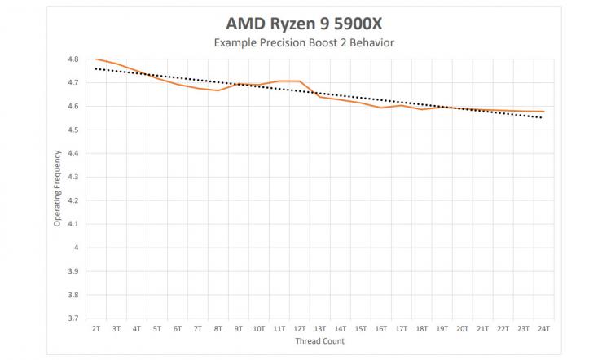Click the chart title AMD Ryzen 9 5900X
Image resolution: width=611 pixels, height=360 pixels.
(304, 24)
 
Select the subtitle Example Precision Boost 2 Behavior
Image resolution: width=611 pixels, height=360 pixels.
(304, 42)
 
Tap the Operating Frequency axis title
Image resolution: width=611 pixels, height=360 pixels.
(57, 188)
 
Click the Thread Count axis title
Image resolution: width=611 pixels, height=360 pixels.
(319, 341)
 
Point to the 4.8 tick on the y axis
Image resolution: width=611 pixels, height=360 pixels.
(73, 59)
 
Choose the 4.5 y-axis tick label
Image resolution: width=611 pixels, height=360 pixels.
(73, 130)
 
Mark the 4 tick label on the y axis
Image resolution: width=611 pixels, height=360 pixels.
(77, 248)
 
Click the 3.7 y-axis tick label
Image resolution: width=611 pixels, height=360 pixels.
(73, 318)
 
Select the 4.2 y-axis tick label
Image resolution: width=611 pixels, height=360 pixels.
(73, 200)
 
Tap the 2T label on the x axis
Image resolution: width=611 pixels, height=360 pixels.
(96, 329)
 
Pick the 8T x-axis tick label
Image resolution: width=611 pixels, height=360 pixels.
(218, 329)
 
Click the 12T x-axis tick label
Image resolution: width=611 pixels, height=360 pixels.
(299, 329)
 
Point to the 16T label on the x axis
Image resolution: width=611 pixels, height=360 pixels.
(380, 329)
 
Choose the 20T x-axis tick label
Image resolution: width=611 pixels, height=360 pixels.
(462, 329)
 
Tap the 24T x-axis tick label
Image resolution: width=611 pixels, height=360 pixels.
(543, 329)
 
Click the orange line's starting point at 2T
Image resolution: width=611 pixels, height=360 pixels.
(96, 59)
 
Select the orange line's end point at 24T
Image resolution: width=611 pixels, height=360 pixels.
(543, 112)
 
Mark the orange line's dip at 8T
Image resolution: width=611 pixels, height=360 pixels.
(218, 90)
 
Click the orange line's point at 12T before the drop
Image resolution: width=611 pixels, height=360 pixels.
(299, 81)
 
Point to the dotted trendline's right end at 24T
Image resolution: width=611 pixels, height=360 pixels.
(543, 117)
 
